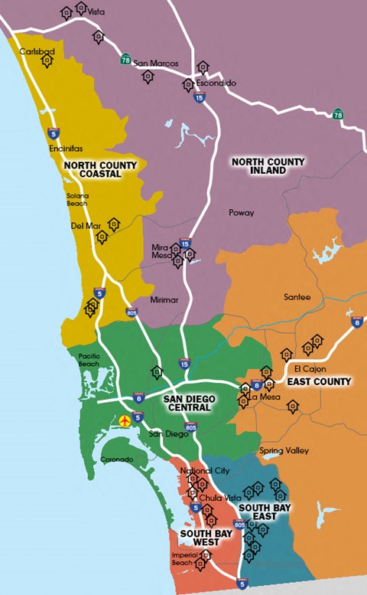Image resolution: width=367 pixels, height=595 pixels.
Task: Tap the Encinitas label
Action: click(66, 149)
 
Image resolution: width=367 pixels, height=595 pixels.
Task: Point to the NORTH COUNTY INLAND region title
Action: click(268, 166)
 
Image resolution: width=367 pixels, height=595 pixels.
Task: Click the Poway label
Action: click(242, 212)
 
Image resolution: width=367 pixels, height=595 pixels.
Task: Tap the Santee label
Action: click(297, 297)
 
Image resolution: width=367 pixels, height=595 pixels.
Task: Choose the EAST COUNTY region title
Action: click(319, 381)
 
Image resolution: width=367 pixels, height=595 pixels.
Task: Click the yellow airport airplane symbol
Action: click(125, 420)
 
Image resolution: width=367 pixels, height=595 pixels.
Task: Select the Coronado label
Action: click(117, 459)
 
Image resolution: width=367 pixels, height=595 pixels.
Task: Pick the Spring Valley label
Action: click(284, 451)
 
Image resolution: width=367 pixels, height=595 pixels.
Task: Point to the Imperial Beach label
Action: click(182, 558)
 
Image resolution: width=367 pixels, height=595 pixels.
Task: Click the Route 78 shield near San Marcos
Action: click(125, 58)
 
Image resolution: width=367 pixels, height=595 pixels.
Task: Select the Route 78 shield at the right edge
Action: click(337, 114)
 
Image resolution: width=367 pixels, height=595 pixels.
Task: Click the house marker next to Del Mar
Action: click(114, 224)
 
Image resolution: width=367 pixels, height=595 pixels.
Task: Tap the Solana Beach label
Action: click(76, 199)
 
